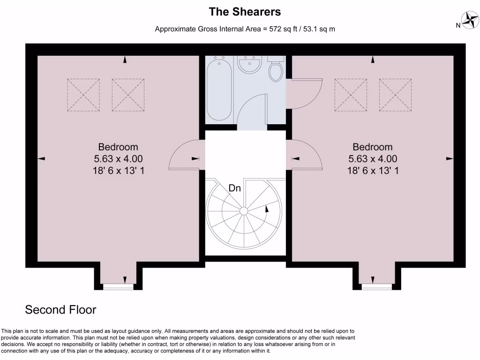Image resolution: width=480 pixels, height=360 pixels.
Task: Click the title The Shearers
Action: click(245, 11)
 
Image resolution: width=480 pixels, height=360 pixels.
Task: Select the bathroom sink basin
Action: click(249, 64)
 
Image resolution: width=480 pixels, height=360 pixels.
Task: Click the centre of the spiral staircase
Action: click(244, 211)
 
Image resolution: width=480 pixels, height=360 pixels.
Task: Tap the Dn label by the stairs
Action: click(235, 188)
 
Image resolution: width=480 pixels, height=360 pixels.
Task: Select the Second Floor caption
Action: click(60, 310)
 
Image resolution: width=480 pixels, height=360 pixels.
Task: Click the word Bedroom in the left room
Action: click(118, 147)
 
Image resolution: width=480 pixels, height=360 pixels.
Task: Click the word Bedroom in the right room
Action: click(373, 147)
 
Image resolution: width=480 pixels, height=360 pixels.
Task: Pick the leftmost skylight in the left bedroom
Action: click(83, 95)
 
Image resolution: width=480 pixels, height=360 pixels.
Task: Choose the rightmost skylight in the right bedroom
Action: click(395, 95)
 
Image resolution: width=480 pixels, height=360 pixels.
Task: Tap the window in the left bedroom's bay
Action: click(118, 287)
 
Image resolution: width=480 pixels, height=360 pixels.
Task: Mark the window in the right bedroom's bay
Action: click(377, 287)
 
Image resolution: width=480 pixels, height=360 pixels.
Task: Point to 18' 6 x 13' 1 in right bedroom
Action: click(373, 171)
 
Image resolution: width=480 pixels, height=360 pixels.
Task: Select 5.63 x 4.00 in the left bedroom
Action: click(118, 159)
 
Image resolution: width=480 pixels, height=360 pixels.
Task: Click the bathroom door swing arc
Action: click(252, 108)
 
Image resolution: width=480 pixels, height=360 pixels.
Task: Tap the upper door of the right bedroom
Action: click(305, 93)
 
